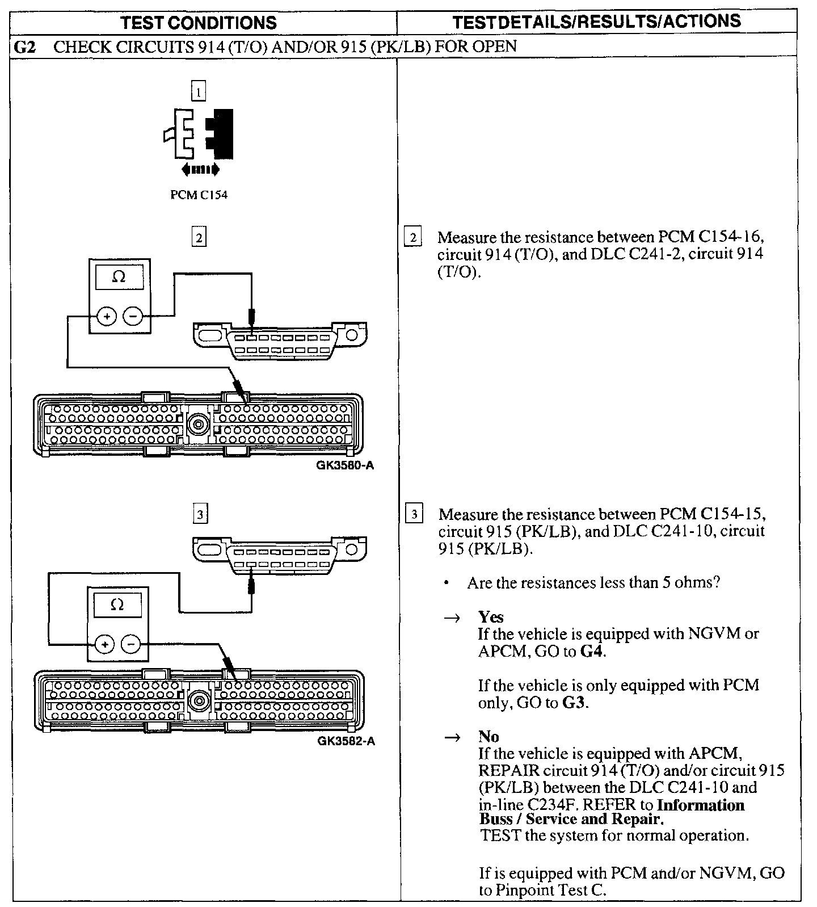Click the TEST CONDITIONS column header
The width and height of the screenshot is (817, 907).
[x=199, y=23]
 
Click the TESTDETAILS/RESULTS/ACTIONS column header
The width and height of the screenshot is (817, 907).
[x=597, y=22]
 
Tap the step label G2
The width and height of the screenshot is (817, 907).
[x=24, y=47]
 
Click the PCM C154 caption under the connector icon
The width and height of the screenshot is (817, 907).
[x=199, y=195]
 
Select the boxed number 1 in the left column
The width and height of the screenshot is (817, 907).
[x=199, y=91]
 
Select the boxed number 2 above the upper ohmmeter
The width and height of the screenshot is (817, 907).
[x=199, y=237]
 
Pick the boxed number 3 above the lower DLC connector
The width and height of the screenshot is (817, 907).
[x=199, y=515]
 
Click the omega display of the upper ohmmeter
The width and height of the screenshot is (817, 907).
[x=119, y=278]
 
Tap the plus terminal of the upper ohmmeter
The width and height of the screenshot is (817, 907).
[x=107, y=316]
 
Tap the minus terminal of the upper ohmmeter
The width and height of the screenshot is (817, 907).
[x=133, y=316]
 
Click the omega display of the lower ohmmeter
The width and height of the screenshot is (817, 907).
[x=117, y=605]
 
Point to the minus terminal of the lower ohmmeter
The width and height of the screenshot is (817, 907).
[x=131, y=644]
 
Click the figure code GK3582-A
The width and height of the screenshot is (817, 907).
[x=346, y=741]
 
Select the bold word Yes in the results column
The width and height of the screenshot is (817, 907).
[x=491, y=617]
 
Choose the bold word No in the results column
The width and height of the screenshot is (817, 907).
[x=488, y=736]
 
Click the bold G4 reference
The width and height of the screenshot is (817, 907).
[x=592, y=651]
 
